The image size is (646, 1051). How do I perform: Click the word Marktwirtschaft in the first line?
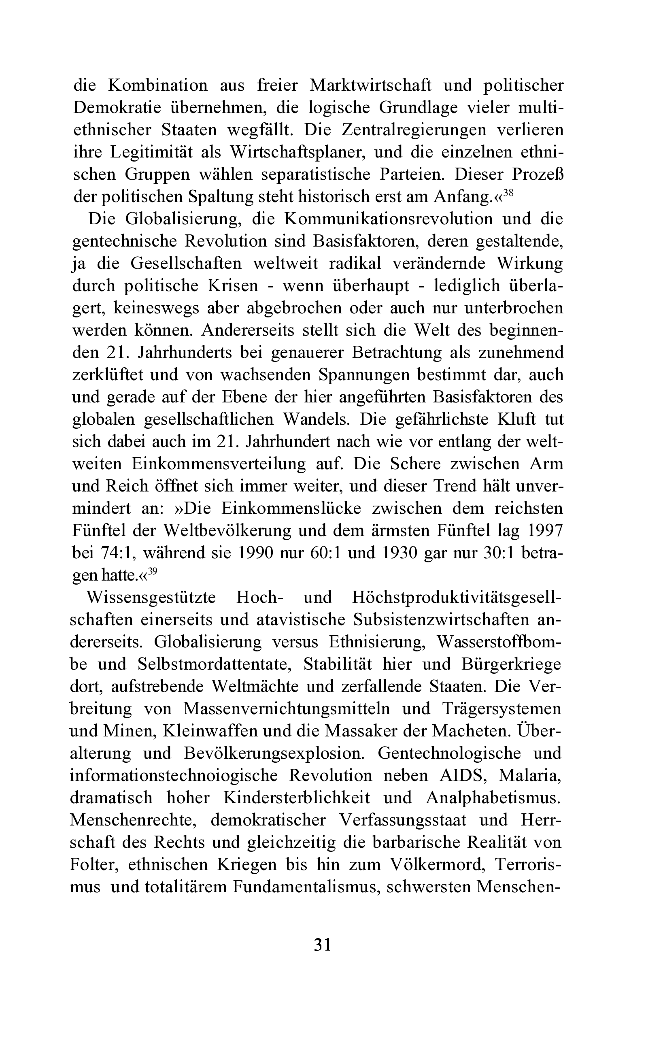pos(370,85)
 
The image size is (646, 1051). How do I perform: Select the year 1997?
pos(546,531)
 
